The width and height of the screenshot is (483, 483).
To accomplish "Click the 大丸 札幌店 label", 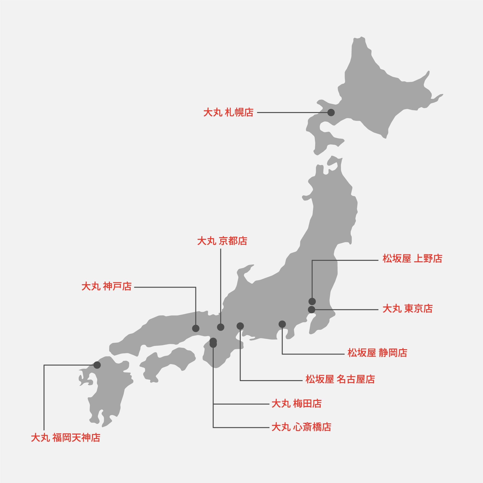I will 228,113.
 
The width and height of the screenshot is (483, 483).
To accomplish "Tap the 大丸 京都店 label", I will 222,241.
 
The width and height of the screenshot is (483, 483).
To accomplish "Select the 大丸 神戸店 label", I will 107,286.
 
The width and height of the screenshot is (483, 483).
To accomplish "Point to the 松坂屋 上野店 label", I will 412,258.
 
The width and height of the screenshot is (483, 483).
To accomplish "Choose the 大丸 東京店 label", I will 407,309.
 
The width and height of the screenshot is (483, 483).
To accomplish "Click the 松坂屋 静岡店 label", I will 377,353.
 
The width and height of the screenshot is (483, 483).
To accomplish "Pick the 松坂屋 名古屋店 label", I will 340,379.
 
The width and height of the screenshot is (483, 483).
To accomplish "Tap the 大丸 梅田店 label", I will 297,404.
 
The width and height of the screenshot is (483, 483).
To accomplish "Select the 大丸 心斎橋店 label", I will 301,427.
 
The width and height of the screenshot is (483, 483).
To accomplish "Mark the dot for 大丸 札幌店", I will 331,113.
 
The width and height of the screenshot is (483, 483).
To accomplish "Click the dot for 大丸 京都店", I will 220,327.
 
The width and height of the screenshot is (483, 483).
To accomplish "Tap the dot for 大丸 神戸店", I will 196,328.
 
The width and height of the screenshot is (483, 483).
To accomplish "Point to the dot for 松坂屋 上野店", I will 312,301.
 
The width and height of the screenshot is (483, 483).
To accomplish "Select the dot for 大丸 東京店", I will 312,310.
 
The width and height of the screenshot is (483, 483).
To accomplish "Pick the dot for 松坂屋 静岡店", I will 282,324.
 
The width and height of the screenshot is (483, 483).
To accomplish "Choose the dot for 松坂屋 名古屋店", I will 240,326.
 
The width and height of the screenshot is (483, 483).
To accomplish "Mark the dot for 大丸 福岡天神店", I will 97,365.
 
